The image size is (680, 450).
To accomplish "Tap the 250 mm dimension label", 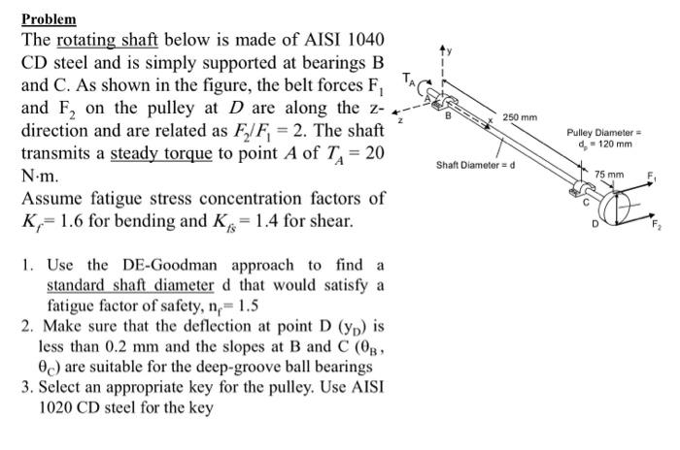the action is click(521, 117).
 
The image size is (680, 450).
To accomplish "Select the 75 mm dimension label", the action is click(609, 174).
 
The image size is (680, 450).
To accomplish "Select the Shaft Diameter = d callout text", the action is click(475, 164).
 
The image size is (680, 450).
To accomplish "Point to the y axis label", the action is click(449, 48).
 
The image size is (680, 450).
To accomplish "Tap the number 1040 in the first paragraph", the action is click(363, 41).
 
